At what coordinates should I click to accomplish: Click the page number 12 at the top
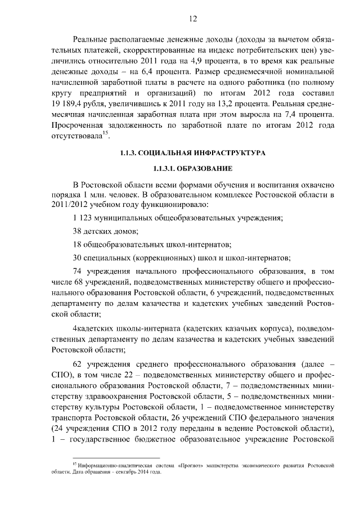(x=193, y=19)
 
